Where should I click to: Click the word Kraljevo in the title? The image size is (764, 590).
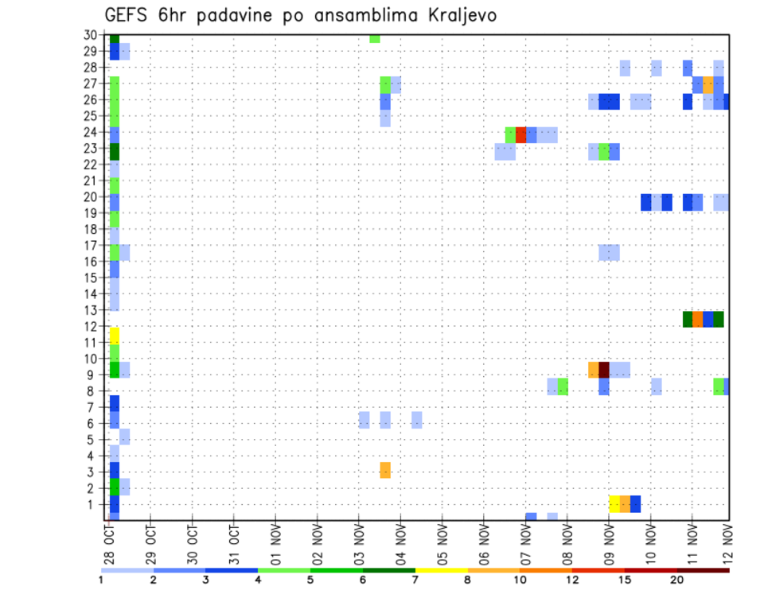click(450, 15)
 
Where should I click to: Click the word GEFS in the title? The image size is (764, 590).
click(129, 15)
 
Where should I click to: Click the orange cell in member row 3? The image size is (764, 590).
click(385, 470)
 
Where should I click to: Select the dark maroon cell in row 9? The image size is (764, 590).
click(603, 370)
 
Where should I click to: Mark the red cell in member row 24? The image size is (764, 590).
click(521, 134)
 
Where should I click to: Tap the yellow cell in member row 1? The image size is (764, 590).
click(614, 503)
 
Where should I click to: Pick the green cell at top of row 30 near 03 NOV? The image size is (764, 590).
click(375, 38)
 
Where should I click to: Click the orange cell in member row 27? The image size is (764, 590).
click(708, 83)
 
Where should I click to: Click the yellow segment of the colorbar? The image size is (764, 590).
click(442, 570)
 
